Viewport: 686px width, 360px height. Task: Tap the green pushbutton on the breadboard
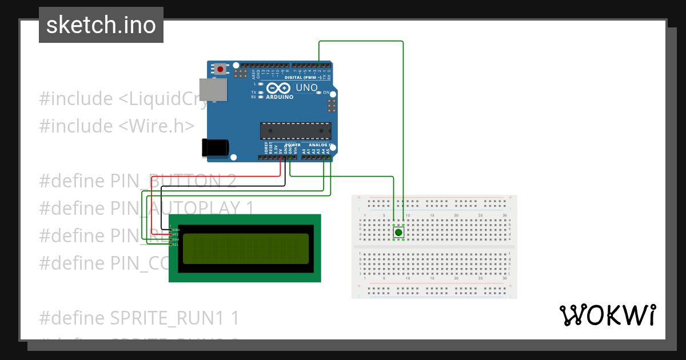398,233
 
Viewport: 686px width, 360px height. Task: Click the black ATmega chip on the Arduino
296,131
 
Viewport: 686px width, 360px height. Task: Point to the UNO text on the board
306,88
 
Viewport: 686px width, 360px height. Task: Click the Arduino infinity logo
279,89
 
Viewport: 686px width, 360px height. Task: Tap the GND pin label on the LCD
176,230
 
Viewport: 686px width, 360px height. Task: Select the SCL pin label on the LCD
176,245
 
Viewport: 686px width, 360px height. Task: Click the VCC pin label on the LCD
176,235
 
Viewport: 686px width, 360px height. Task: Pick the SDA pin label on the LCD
176,239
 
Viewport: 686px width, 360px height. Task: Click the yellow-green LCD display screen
246,248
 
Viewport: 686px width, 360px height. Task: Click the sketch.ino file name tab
101,25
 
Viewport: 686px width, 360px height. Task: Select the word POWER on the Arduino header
293,145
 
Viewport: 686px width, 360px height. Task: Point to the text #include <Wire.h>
117,126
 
